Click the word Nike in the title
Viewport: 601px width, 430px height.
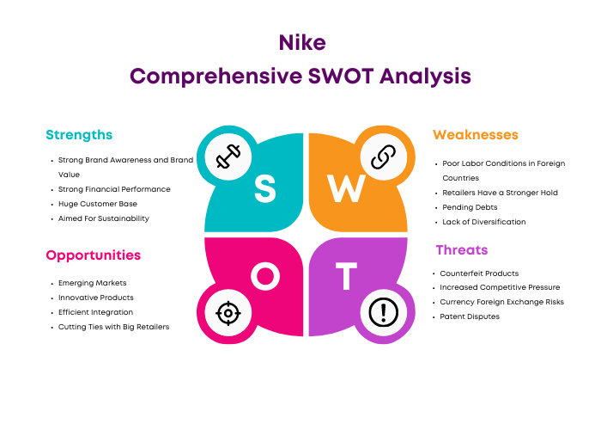click(x=302, y=42)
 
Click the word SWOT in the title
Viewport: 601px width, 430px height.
click(x=341, y=76)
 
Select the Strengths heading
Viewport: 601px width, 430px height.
click(x=79, y=135)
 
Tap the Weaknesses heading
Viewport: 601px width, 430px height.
click(x=476, y=135)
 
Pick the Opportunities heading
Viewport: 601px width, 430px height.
click(x=93, y=255)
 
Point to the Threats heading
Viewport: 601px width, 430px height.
click(x=462, y=250)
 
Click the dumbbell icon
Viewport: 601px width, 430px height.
click(x=228, y=157)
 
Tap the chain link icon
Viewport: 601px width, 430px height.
click(x=383, y=157)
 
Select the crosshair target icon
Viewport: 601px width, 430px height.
click(x=228, y=313)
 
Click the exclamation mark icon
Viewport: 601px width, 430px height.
click(x=383, y=312)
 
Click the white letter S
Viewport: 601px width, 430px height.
click(x=264, y=188)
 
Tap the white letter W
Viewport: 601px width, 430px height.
click(x=346, y=188)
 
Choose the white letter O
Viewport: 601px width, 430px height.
click(x=265, y=276)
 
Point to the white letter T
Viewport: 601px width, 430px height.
click(x=346, y=276)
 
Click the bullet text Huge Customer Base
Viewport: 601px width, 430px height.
click(x=98, y=204)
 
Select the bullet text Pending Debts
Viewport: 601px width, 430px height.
click(x=470, y=207)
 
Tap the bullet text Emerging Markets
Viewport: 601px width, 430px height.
click(x=93, y=283)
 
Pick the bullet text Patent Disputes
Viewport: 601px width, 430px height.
click(x=470, y=316)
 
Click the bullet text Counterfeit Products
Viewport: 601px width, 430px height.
click(x=479, y=273)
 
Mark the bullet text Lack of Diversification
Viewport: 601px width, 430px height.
click(x=484, y=222)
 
